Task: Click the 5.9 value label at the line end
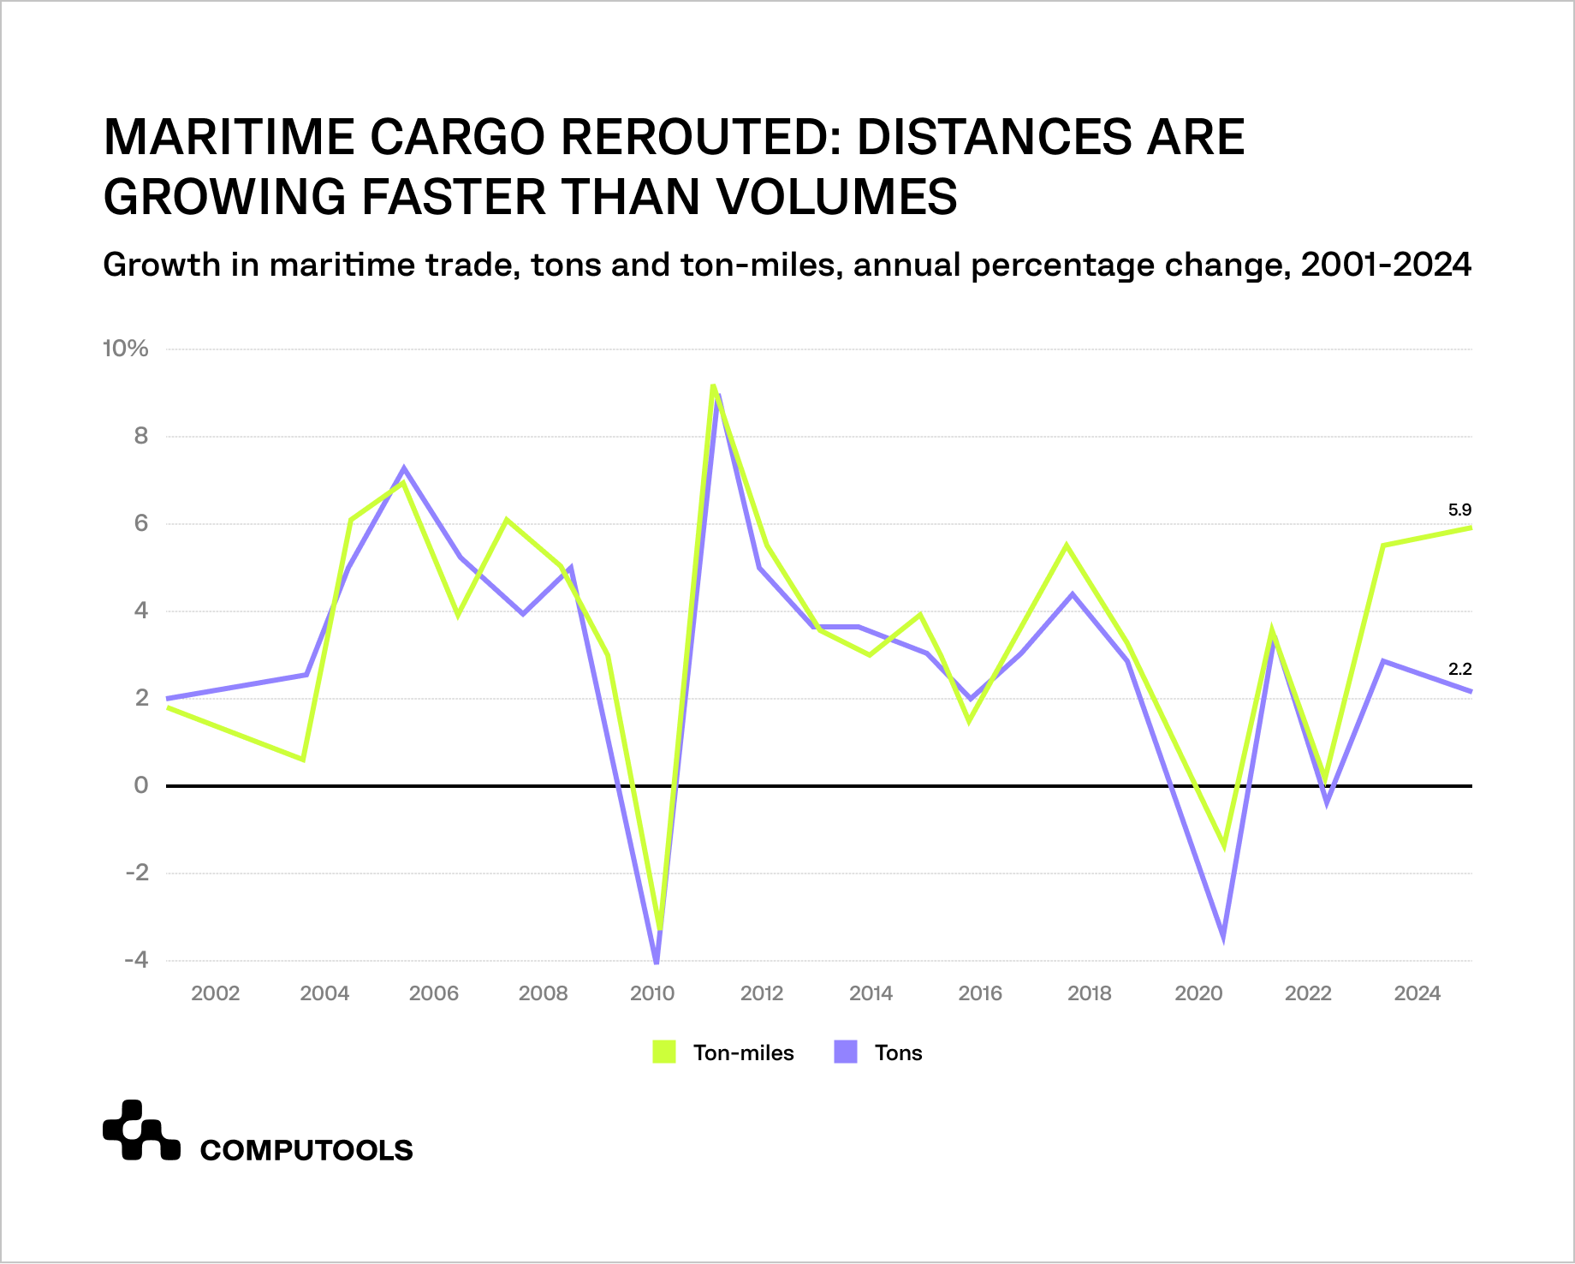[1459, 510]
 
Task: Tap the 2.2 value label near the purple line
[1459, 670]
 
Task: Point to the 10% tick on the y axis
[125, 349]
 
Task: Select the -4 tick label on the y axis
[136, 960]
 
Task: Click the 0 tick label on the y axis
[140, 785]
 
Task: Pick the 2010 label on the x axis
[652, 993]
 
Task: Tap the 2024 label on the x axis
[1417, 993]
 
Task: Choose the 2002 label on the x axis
[215, 993]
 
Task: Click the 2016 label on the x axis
[980, 993]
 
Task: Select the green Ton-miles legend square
[664, 1052]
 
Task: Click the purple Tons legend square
[846, 1052]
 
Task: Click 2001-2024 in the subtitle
[1385, 265]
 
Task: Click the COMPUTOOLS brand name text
[306, 1150]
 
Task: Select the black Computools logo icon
[141, 1131]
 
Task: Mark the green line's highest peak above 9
[713, 386]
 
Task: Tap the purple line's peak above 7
[404, 469]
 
